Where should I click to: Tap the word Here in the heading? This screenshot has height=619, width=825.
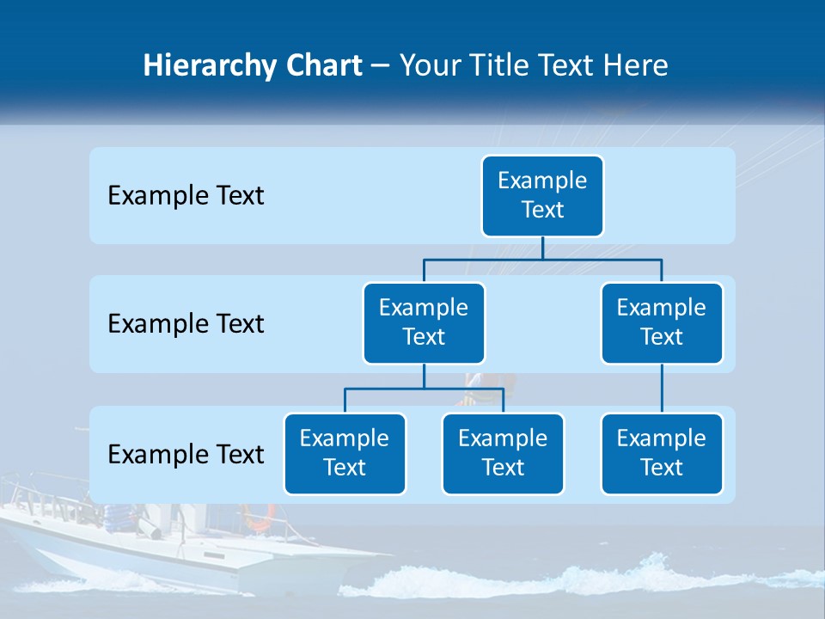636,66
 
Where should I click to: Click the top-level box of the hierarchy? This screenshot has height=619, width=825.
542,196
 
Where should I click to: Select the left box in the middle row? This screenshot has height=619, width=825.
424,323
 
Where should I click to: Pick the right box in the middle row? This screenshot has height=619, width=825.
662,323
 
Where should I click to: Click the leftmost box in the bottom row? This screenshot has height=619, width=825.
345,454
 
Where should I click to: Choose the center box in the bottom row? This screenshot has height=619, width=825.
503,454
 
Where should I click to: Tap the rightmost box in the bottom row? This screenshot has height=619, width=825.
662,454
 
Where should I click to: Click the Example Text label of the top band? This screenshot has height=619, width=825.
186,196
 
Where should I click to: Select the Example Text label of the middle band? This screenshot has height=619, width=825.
186,324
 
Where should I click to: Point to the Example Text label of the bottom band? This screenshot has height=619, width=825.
186,454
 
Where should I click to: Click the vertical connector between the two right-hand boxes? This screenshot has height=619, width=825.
662,389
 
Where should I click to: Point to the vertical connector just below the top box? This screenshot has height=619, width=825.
542,248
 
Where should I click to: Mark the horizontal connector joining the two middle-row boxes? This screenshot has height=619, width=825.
542,258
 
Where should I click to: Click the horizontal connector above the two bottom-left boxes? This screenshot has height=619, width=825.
424,389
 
